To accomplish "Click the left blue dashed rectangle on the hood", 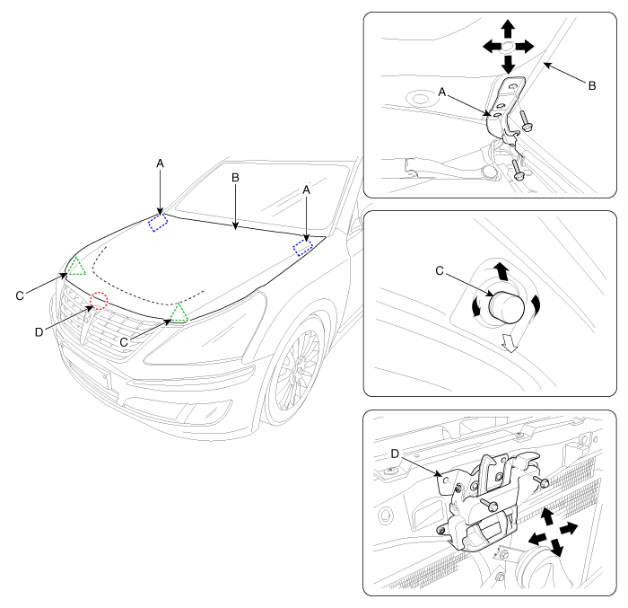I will coord(159,222).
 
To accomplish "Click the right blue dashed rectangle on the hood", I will coord(303,246).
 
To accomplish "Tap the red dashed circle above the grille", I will coord(99,301).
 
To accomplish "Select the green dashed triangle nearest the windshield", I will coord(76,266).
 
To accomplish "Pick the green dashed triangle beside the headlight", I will coord(179,313).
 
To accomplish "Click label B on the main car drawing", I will coord(235,178).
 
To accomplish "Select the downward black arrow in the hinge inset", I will coord(508,64).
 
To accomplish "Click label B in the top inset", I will coord(591,85).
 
